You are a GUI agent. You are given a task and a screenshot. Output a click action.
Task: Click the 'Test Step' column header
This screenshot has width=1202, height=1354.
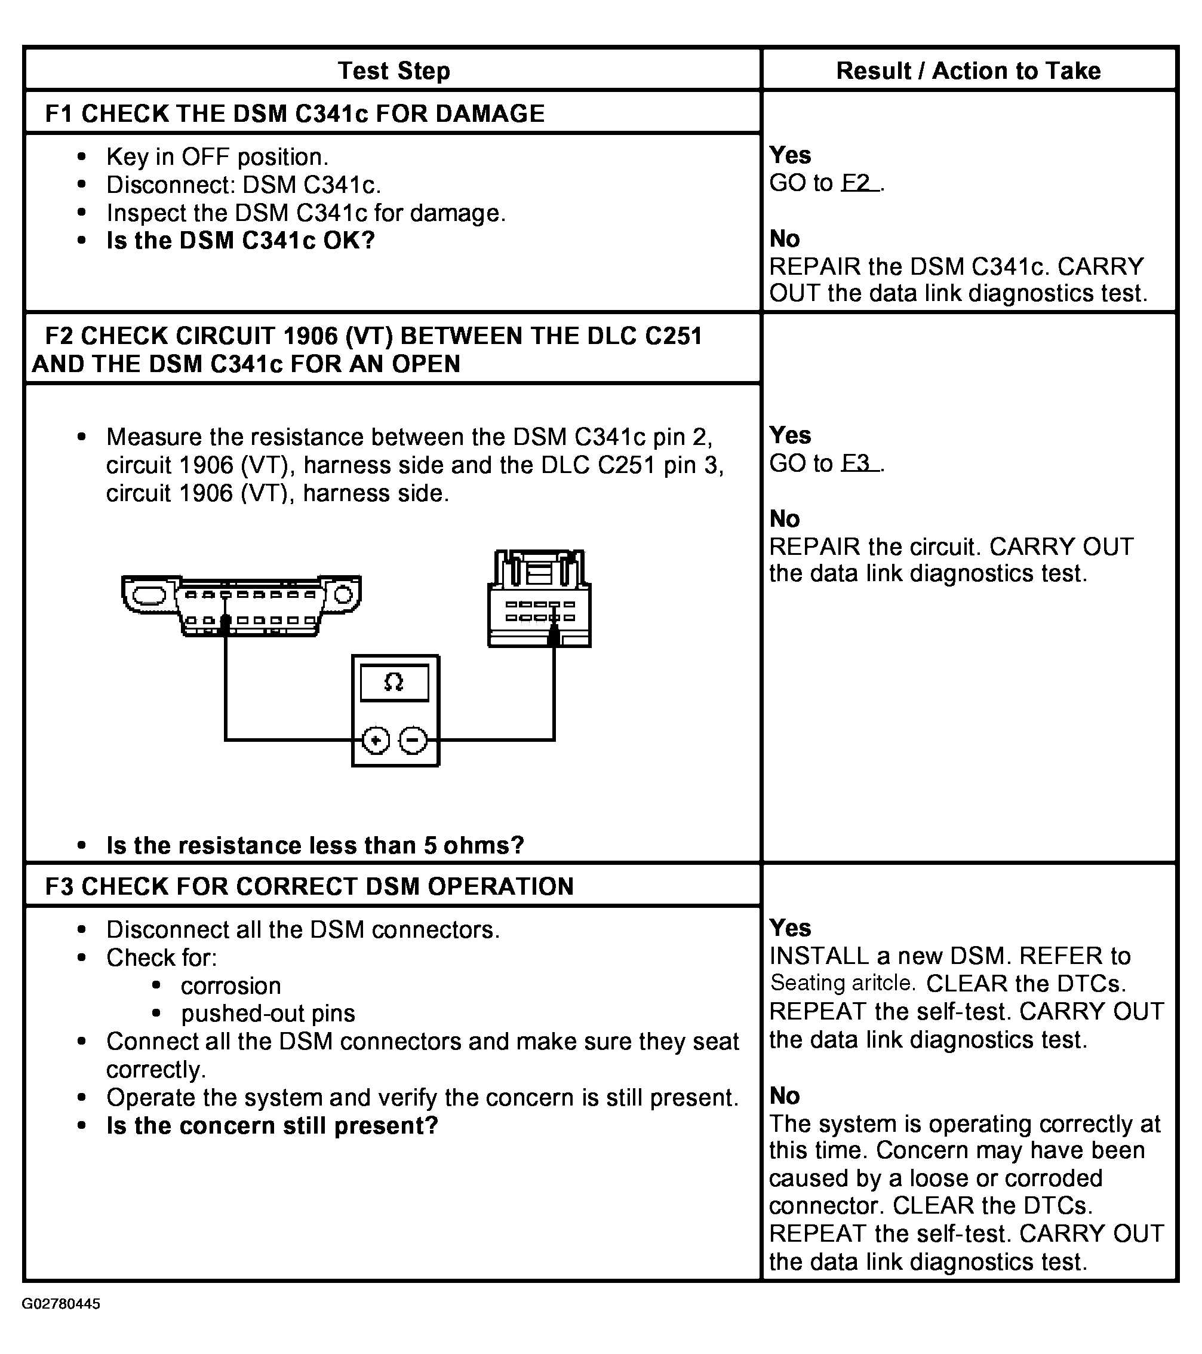(x=394, y=71)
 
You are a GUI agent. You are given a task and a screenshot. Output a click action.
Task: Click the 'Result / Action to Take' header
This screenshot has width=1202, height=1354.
(x=967, y=71)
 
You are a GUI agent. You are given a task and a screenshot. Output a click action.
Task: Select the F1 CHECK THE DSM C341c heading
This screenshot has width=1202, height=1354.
(x=295, y=114)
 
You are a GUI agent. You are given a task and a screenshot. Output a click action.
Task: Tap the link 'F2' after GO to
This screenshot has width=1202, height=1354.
(x=858, y=183)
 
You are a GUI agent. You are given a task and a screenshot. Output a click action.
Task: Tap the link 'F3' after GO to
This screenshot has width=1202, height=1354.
(x=858, y=463)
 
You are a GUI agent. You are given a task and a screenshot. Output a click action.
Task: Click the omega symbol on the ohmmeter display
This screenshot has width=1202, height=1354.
(x=394, y=682)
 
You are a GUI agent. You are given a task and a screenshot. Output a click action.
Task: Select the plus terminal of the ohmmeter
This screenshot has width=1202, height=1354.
(x=376, y=740)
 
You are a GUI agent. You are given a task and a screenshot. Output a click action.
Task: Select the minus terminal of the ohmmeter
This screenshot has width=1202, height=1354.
(x=413, y=740)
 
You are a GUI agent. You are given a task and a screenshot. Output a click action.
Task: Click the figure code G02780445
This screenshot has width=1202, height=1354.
(x=61, y=1304)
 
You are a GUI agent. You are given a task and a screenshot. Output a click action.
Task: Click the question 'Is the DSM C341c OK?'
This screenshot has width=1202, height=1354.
(x=241, y=241)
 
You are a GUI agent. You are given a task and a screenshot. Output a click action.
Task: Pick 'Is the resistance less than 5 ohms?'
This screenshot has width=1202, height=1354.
(x=315, y=846)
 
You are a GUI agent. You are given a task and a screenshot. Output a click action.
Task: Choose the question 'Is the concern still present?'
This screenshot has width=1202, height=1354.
(x=272, y=1126)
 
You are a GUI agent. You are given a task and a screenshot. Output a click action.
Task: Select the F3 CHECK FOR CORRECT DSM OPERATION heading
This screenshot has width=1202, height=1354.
(x=309, y=886)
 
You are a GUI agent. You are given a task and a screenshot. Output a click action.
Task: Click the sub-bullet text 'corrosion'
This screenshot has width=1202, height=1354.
(x=230, y=986)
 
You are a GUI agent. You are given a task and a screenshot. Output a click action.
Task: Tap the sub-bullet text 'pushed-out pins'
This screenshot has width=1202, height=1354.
(x=268, y=1014)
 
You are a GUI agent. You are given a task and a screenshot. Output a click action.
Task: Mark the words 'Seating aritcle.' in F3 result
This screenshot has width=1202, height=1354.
(x=843, y=983)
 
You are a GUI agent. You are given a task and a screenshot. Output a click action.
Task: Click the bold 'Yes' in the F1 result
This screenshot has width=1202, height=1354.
(x=790, y=156)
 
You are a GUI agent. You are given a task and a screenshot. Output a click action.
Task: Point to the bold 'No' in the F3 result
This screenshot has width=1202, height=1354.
(x=785, y=1097)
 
